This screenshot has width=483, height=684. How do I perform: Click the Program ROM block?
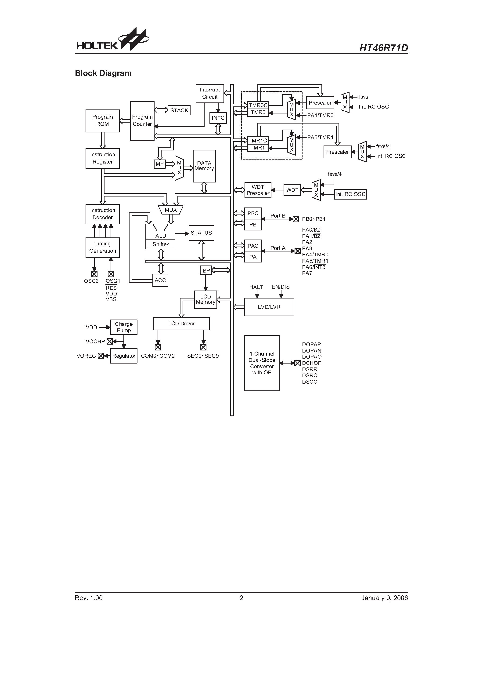[x=102, y=121]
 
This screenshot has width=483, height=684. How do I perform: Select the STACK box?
[x=179, y=110]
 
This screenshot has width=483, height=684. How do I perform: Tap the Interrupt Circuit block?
[x=210, y=94]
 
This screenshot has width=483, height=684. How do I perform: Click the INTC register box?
[x=218, y=118]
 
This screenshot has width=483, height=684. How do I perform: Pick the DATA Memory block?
[x=204, y=166]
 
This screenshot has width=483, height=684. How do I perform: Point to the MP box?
[x=160, y=164]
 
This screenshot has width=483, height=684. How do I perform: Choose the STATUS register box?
[x=201, y=233]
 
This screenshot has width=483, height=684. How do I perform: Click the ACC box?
[x=160, y=280]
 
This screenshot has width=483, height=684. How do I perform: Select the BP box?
[x=206, y=270]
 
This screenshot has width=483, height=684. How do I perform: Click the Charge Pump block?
[x=124, y=327]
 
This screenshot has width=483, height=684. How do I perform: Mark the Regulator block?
[x=124, y=356]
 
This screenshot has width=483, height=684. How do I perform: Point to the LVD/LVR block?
[x=269, y=307]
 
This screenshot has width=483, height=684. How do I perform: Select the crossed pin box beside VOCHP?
[x=110, y=341]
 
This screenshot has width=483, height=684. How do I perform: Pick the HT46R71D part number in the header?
[x=384, y=48]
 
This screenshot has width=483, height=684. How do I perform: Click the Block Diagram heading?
[x=103, y=73]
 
